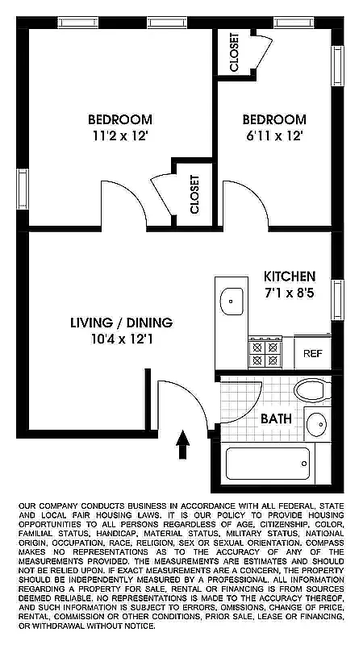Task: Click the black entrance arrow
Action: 183,439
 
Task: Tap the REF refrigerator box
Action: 312,353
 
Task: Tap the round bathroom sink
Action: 316,424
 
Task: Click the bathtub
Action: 267,464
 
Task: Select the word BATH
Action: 276,418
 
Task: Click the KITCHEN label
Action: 290,276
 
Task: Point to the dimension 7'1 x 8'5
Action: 289,293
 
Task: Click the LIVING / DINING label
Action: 121,322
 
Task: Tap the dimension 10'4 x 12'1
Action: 121,339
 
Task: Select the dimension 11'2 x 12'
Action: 120,136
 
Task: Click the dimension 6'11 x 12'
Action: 274,136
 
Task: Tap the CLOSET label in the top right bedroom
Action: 234,52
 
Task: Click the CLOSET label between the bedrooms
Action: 194,194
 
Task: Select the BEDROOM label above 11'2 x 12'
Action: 120,119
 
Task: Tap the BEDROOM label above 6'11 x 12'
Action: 274,119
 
